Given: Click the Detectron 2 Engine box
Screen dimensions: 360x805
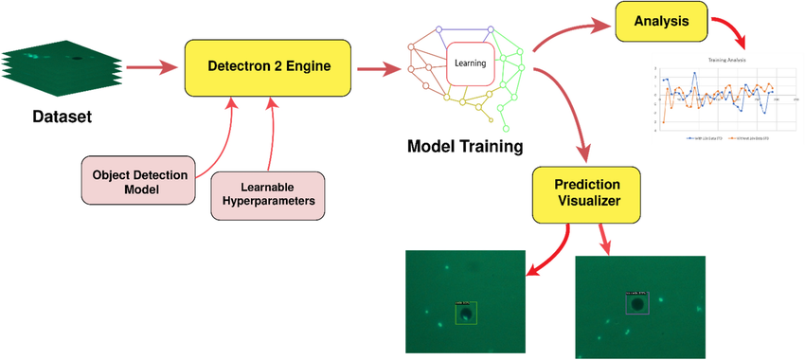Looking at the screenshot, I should [269, 67].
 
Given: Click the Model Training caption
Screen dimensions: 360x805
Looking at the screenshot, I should [464, 146].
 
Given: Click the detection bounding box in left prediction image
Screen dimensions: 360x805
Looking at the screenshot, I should [465, 313].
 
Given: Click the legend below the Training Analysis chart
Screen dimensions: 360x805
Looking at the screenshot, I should [727, 138].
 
